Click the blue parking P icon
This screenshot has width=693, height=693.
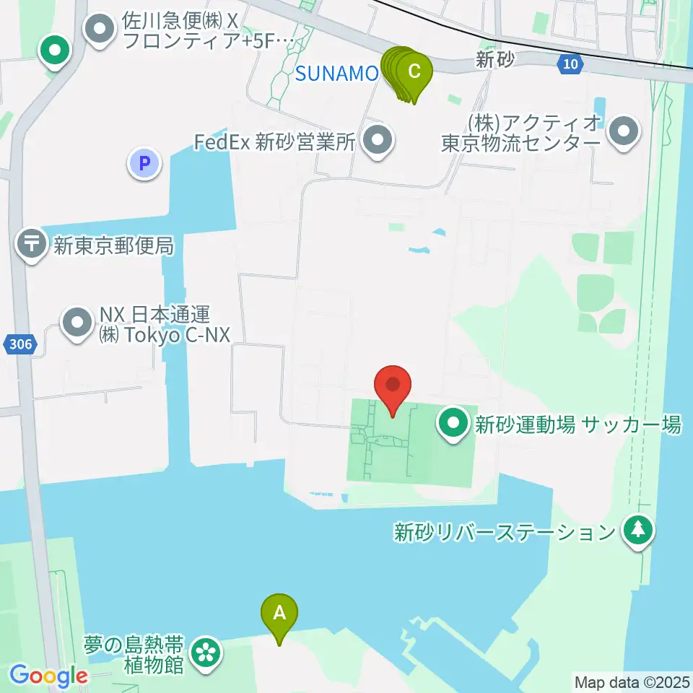pyautogui.click(x=144, y=163)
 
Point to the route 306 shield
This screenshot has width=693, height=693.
pyautogui.click(x=22, y=345)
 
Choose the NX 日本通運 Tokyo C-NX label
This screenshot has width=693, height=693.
pyautogui.click(x=154, y=325)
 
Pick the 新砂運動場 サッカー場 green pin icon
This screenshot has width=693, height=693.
pyautogui.click(x=454, y=424)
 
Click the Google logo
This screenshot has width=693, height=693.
pyautogui.click(x=48, y=676)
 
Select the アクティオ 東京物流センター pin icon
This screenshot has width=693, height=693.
pyautogui.click(x=624, y=131)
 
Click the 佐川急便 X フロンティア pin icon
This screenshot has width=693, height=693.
pyautogui.click(x=100, y=30)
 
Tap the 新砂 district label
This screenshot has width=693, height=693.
pyautogui.click(x=495, y=61)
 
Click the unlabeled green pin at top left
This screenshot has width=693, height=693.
pyautogui.click(x=55, y=51)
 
